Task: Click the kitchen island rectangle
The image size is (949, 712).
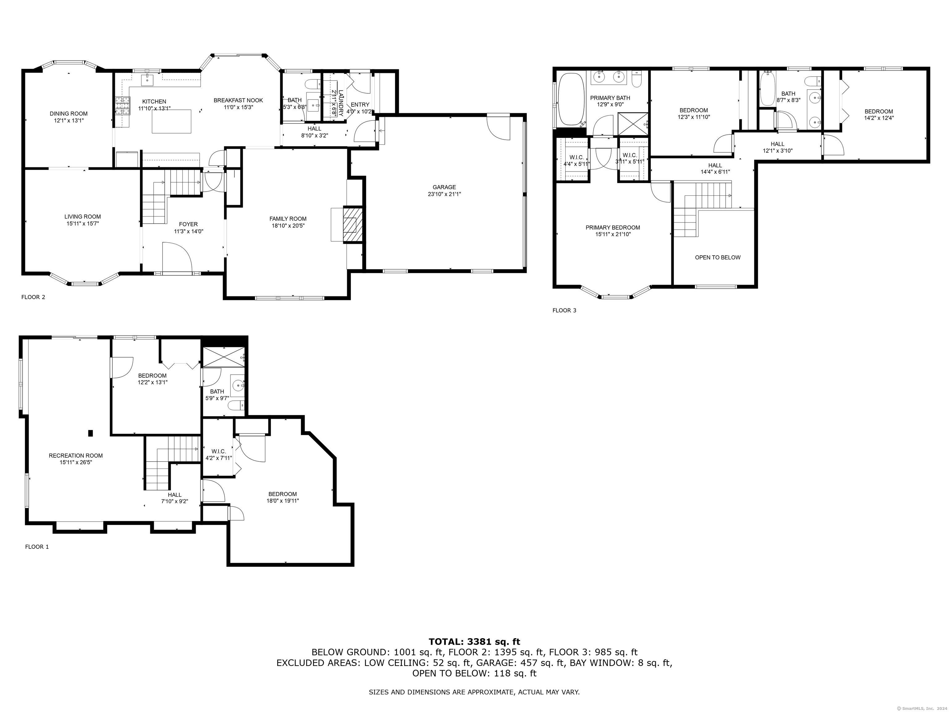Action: click(x=172, y=121)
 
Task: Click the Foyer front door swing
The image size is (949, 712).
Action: click(x=177, y=256)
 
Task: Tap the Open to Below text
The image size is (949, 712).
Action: click(x=718, y=257)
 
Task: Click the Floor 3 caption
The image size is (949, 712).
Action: click(x=564, y=310)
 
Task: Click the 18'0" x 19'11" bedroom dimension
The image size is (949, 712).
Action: click(x=283, y=500)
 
